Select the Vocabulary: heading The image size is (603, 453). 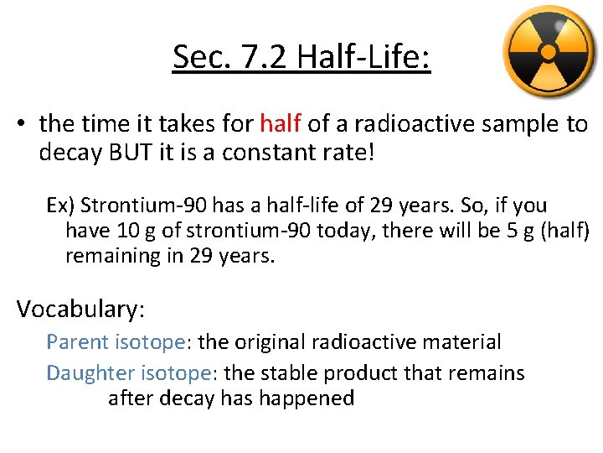(80, 309)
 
